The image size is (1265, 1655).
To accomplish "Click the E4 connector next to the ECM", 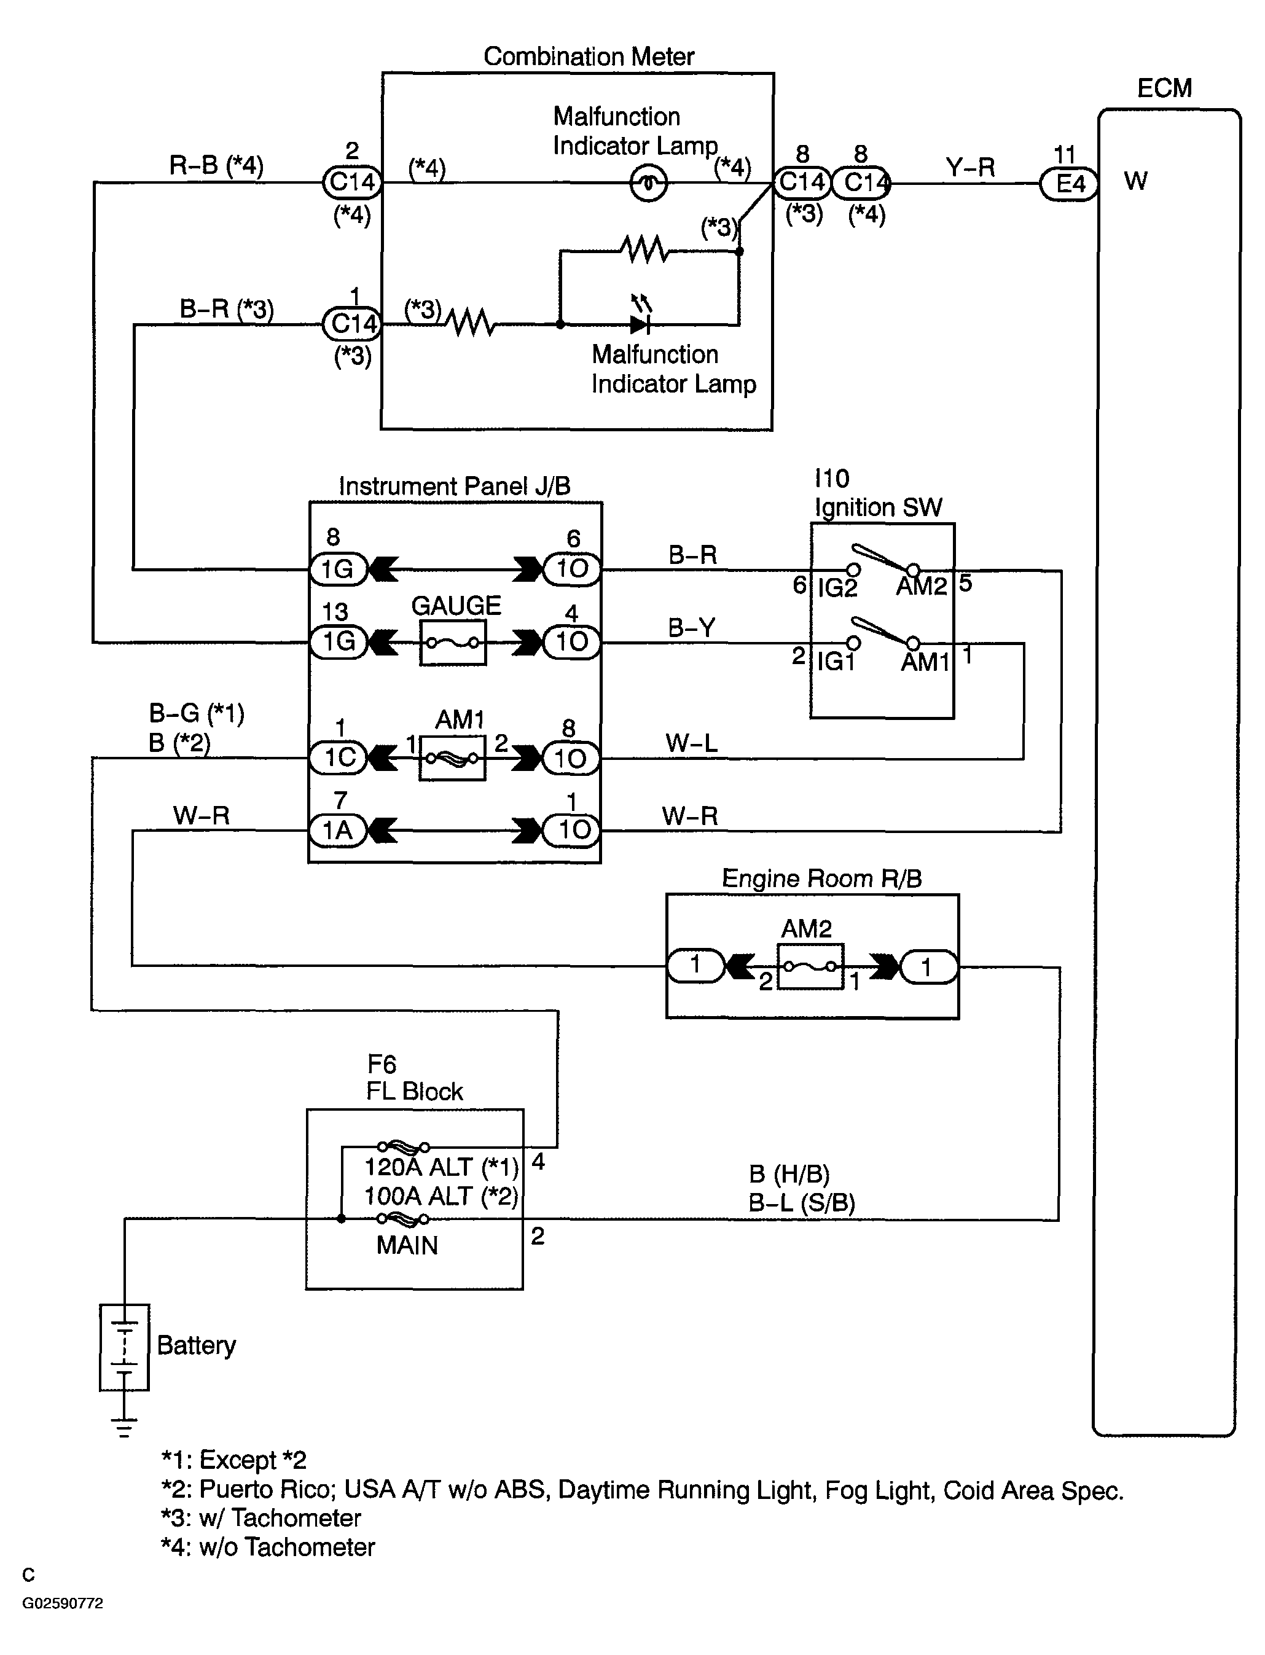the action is click(1068, 183).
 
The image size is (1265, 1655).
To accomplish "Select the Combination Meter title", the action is click(589, 57).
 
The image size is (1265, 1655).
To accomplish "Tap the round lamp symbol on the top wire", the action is click(648, 183).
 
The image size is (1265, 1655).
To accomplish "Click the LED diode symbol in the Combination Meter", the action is click(640, 324).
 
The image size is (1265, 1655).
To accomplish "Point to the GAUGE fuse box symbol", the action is click(453, 642).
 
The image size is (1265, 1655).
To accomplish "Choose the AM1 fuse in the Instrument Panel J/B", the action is click(453, 757).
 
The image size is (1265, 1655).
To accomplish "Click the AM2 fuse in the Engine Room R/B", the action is click(810, 966).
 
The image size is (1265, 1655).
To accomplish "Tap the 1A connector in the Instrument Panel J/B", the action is click(338, 831).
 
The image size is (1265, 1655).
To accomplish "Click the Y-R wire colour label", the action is click(970, 167).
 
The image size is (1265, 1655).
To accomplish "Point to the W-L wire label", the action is click(691, 743).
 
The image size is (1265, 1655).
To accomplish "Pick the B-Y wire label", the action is click(691, 628).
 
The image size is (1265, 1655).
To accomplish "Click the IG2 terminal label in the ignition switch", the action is click(837, 587).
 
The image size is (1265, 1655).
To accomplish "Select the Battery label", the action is click(196, 1345).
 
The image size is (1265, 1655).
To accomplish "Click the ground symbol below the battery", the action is click(124, 1428).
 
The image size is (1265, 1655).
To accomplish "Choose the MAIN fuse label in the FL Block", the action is click(407, 1245).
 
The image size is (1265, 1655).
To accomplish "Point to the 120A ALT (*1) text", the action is click(441, 1167).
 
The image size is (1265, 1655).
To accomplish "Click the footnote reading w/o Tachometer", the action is click(268, 1547).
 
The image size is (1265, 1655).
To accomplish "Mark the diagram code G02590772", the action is click(63, 1624).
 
